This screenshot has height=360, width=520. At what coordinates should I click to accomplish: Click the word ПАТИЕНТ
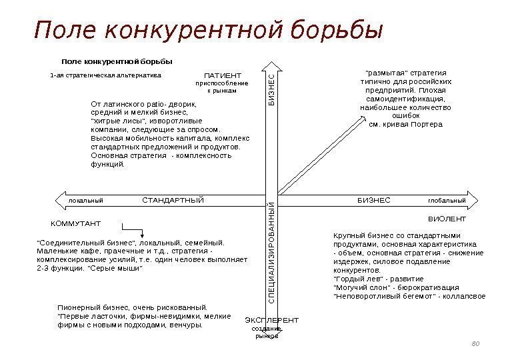(x=222, y=75)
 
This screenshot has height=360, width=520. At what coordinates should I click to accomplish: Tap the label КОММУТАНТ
(x=76, y=223)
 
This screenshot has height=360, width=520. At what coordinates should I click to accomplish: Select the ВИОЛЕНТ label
(x=447, y=219)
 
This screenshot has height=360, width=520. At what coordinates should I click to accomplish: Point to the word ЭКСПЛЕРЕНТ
(x=272, y=321)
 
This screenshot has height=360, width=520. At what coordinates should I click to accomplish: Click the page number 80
(x=475, y=343)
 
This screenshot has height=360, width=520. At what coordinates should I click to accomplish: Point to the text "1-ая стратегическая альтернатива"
(x=105, y=75)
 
